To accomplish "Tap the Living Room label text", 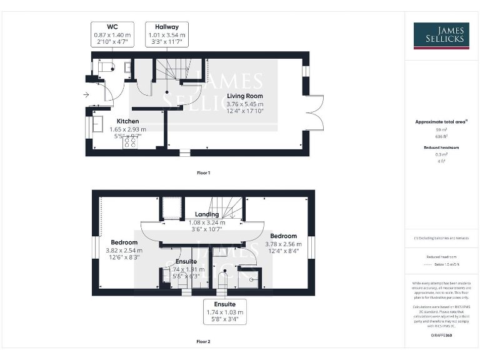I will [x=245, y=96].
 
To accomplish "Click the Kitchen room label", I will [x=127, y=121].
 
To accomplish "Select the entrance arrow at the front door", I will [x=85, y=95].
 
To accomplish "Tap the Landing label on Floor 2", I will [x=207, y=214].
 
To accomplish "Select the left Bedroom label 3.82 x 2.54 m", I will [x=124, y=242].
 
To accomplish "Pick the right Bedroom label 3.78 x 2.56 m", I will [x=283, y=236].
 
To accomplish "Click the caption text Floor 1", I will [x=203, y=172].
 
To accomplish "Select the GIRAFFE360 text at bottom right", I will [x=441, y=336].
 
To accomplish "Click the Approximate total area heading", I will [x=441, y=122].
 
